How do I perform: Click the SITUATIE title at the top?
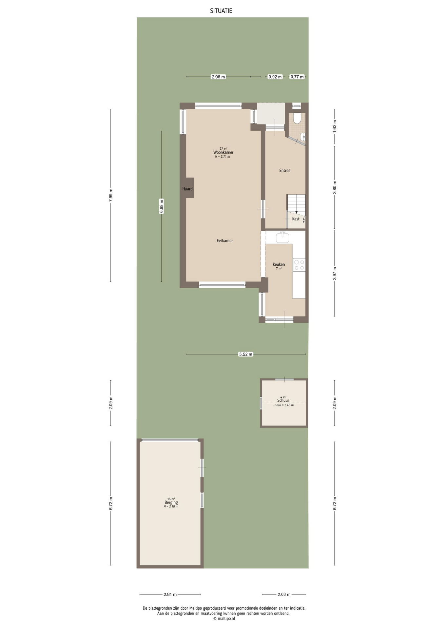221,11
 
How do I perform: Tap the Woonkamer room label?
223,152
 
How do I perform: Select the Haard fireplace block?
187,188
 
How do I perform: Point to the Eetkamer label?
224,240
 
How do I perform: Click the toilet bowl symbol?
297,118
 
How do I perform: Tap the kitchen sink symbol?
282,237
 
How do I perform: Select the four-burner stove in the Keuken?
299,265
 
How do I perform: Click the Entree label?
284,170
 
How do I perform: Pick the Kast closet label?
296,219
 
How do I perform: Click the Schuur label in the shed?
283,400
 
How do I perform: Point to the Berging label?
171,503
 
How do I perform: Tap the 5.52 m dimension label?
246,354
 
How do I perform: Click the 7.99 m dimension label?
110,195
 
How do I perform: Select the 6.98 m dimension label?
161,206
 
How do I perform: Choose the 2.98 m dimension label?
218,77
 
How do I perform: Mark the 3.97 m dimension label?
335,274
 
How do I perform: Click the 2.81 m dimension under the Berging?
170,594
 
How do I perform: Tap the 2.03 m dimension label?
284,594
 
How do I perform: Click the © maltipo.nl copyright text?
224,619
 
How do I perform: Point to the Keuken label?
279,264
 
